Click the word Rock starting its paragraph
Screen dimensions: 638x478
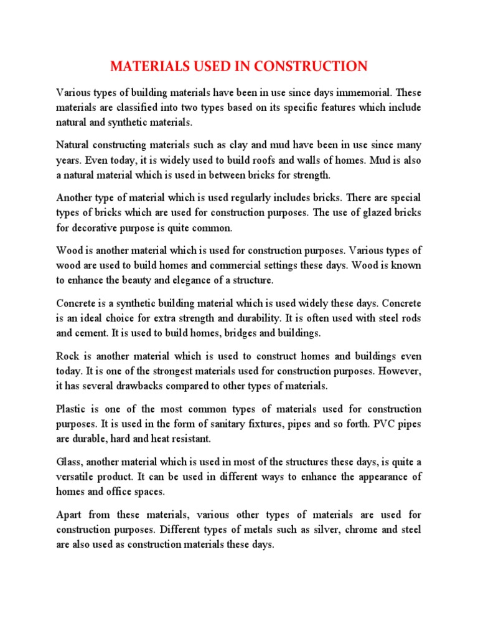pyautogui.click(x=67, y=356)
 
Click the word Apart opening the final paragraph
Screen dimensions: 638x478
pyautogui.click(x=70, y=515)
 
